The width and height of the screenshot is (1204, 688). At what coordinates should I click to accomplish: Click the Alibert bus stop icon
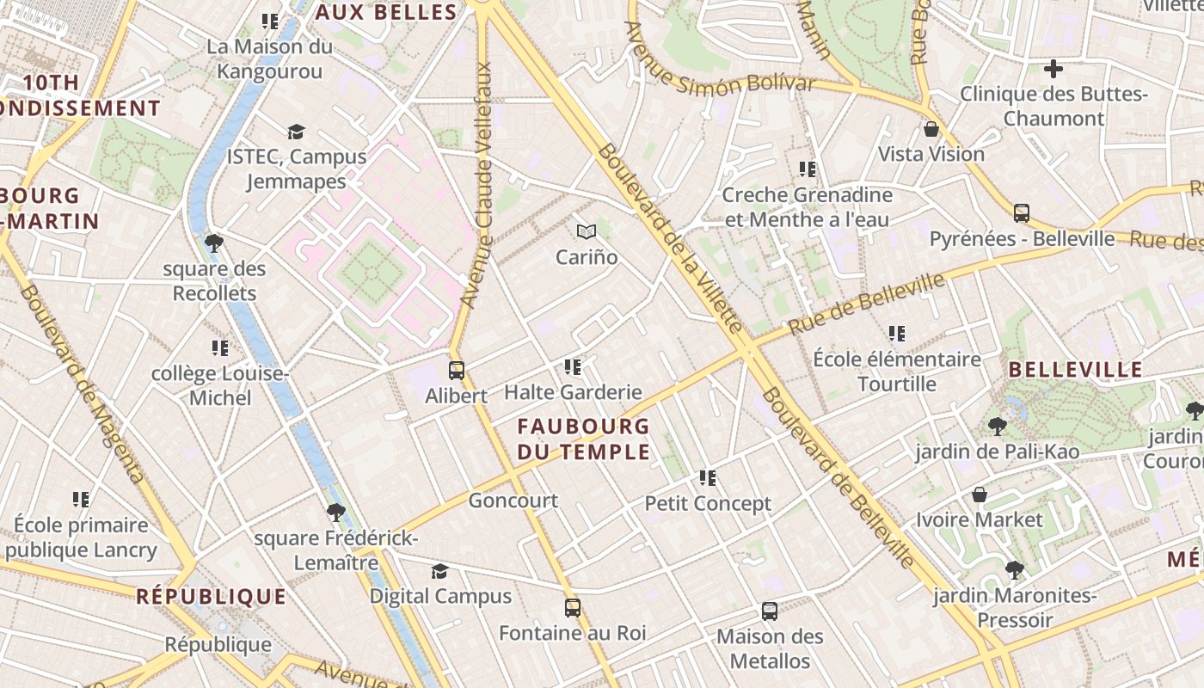[457, 371]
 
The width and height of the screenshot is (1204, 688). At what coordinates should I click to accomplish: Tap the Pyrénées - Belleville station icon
[1022, 212]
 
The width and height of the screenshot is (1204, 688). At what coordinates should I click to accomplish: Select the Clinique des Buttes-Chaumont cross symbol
[1053, 69]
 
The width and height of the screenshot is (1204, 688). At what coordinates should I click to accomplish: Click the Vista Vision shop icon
[931, 130]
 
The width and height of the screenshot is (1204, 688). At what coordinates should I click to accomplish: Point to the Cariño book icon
[587, 231]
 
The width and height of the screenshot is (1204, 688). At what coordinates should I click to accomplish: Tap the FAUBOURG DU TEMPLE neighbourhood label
[583, 439]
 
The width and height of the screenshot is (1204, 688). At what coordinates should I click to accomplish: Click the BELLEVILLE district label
[1075, 371]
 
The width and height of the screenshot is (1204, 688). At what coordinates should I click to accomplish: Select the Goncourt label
[513, 501]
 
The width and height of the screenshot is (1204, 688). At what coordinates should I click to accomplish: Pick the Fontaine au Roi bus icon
[573, 608]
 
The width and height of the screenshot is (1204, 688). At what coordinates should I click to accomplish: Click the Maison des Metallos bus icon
[770, 611]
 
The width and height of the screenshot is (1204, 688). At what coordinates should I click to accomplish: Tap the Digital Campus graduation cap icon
[440, 571]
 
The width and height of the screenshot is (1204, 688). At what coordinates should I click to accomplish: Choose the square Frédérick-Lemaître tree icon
[336, 513]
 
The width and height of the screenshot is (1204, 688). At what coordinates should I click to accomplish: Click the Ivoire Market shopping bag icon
[979, 494]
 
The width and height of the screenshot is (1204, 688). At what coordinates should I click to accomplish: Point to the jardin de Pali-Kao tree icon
[998, 426]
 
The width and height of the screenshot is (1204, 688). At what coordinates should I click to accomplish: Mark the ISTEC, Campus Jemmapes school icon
[297, 132]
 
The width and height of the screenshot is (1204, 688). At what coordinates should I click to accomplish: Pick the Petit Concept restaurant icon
[708, 477]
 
